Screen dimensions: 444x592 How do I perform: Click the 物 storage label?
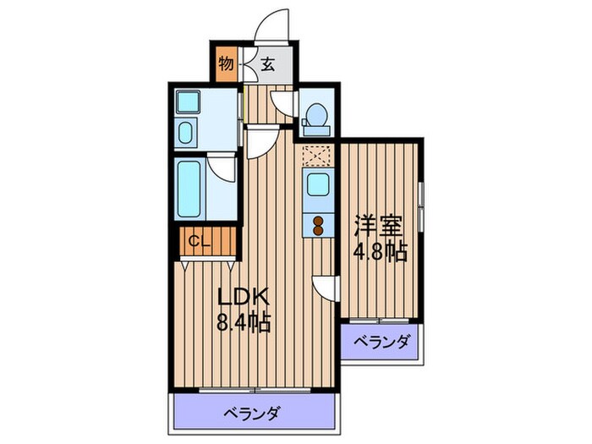coord(226,63)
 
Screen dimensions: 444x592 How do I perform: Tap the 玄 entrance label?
coord(266,63)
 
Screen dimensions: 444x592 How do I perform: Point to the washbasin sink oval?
coord(187,134)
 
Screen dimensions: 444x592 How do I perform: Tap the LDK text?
coord(244,297)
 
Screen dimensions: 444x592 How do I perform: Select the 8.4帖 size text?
coord(244,322)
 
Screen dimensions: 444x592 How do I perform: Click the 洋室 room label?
coord(378,227)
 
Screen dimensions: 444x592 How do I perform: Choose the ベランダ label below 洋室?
coord(381,343)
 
